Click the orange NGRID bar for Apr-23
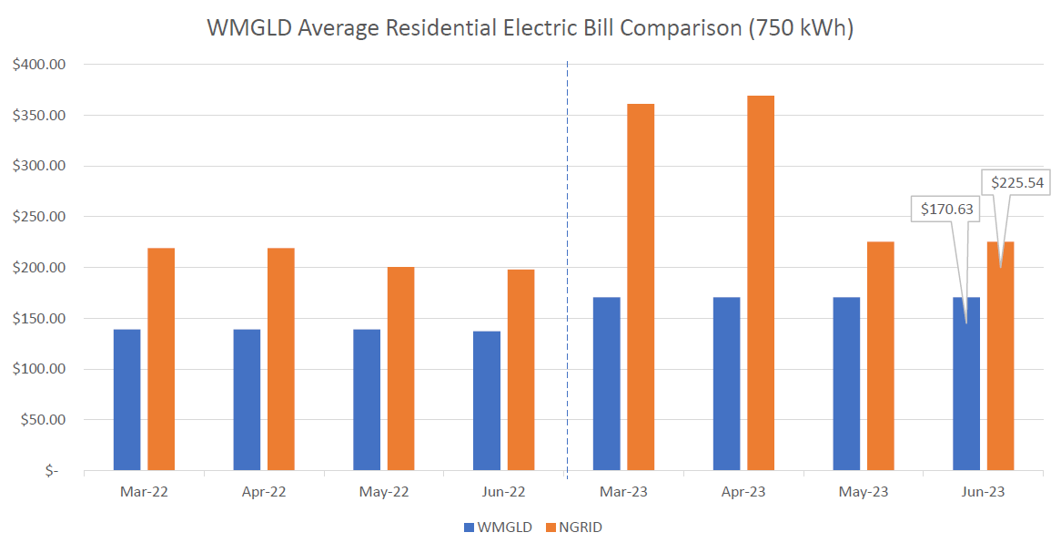pyautogui.click(x=760, y=282)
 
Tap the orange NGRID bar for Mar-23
pyautogui.click(x=641, y=286)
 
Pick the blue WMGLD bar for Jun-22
pyautogui.click(x=487, y=400)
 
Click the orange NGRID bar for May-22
pyautogui.click(x=400, y=368)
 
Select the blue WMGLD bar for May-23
pyautogui.click(x=846, y=384)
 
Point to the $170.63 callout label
pyautogui.click(x=946, y=210)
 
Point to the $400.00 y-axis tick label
pyautogui.click(x=38, y=65)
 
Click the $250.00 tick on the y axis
pyautogui.click(x=38, y=217)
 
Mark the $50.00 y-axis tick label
pyautogui.click(x=41, y=420)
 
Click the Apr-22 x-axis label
pyautogui.click(x=264, y=492)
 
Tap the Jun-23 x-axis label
pyautogui.click(x=983, y=492)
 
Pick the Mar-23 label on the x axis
pyautogui.click(x=623, y=492)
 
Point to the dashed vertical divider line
pyautogui.click(x=567, y=273)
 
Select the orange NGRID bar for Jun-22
pyautogui.click(x=520, y=370)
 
